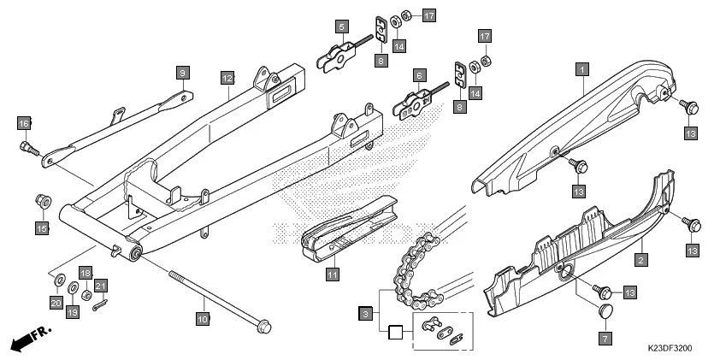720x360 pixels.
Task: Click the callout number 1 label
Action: (x=581, y=68)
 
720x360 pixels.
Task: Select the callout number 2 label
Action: (x=640, y=256)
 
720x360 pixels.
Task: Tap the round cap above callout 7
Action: (x=604, y=311)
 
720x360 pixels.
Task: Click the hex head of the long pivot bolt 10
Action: (x=264, y=326)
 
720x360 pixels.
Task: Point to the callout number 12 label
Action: (x=227, y=78)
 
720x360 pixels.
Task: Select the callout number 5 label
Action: (x=341, y=27)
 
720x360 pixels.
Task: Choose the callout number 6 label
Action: (x=420, y=75)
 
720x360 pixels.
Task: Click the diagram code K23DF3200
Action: (x=669, y=349)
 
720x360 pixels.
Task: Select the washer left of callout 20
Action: (x=56, y=279)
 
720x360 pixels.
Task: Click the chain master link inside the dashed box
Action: (x=442, y=329)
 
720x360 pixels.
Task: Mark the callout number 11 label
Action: (x=332, y=274)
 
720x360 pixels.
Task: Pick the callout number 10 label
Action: (x=203, y=320)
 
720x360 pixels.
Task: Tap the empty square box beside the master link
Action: (x=394, y=333)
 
